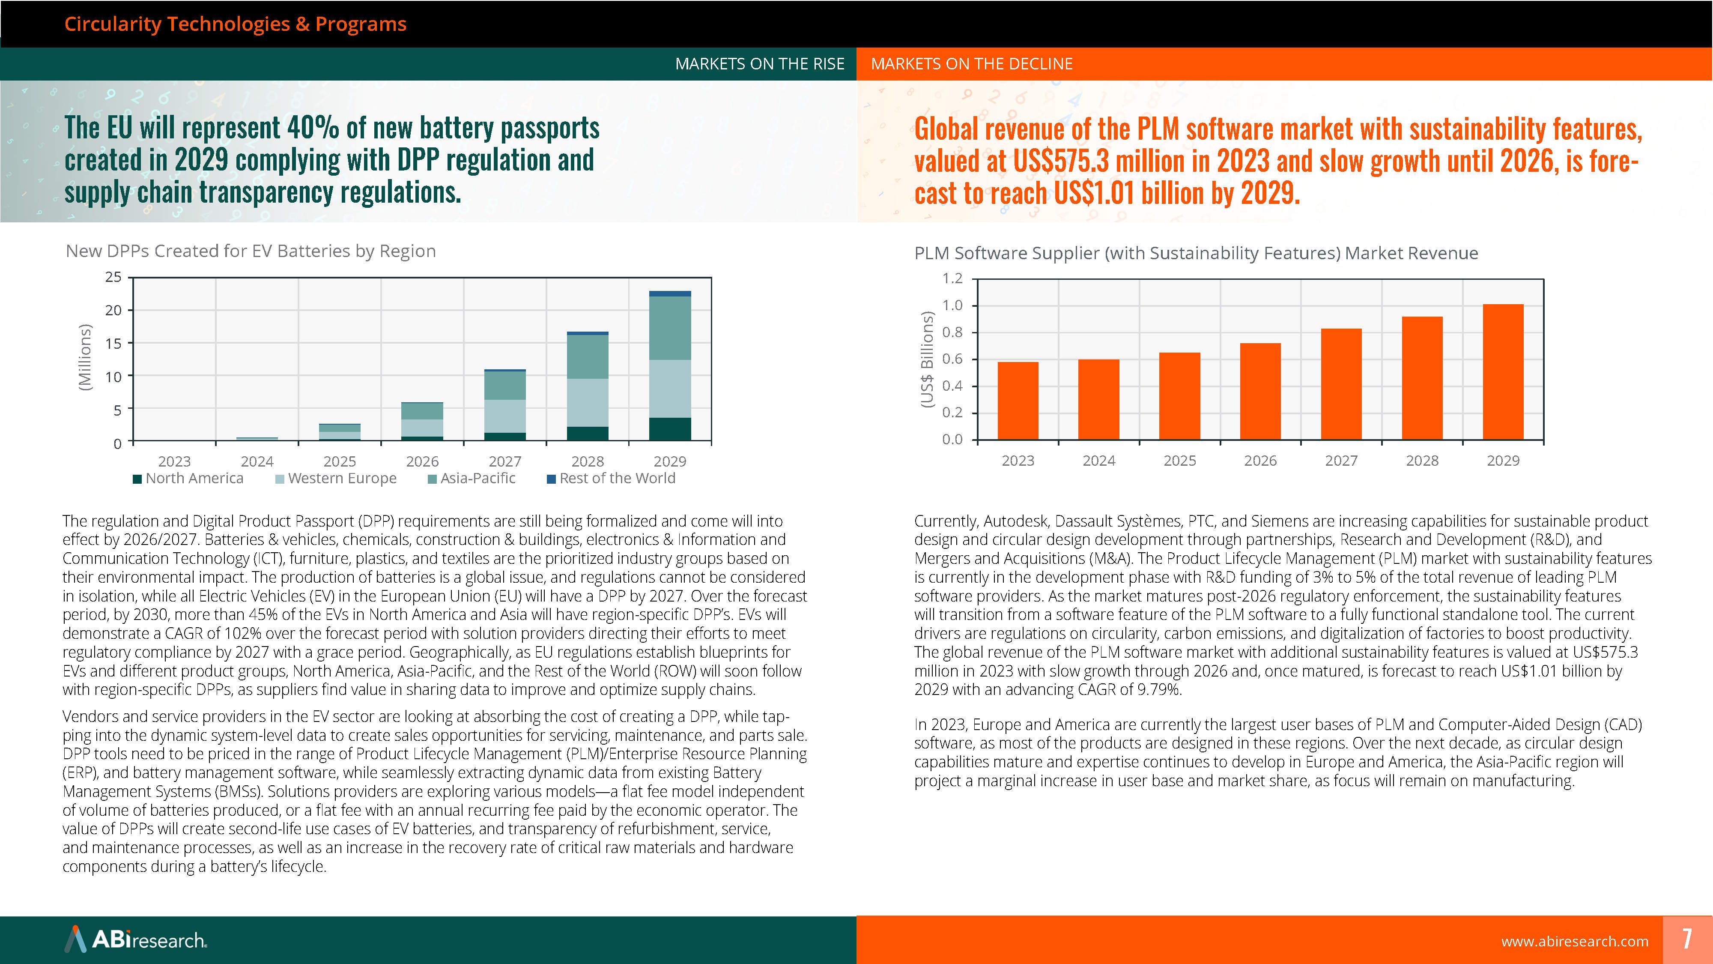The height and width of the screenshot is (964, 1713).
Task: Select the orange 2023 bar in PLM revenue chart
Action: pyautogui.click(x=1018, y=401)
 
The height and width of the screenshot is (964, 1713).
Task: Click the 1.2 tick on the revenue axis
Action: pyautogui.click(x=952, y=278)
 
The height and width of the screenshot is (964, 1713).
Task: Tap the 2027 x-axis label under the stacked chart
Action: pyautogui.click(x=505, y=461)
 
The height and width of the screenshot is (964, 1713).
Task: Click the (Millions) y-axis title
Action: pyautogui.click(x=84, y=357)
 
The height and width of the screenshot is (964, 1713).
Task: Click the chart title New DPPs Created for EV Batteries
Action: pyautogui.click(x=251, y=251)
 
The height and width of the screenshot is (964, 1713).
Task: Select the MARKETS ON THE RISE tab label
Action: pyautogui.click(x=759, y=64)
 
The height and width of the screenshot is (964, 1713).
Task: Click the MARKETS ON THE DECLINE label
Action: pyautogui.click(x=972, y=64)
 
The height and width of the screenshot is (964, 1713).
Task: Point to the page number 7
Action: pyautogui.click(x=1687, y=939)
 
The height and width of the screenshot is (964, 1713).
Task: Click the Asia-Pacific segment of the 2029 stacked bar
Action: pyautogui.click(x=670, y=328)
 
